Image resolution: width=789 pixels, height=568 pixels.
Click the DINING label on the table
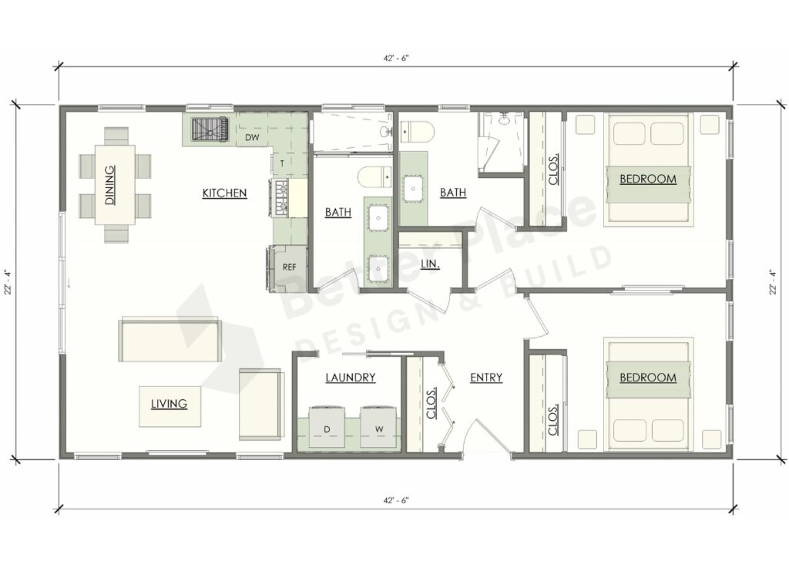point(110,185)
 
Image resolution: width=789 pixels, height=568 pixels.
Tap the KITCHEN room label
point(224,193)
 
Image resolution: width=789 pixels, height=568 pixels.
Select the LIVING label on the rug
point(170,403)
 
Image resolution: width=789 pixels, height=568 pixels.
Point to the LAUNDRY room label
point(350,378)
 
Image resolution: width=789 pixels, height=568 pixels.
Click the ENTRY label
point(486,378)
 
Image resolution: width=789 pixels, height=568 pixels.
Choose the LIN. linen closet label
point(431,264)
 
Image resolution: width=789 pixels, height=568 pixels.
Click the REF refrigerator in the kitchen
point(289,267)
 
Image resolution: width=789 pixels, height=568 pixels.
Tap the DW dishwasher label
point(251,138)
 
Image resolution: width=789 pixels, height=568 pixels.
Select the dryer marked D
point(327,429)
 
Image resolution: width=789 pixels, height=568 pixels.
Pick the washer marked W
point(379,429)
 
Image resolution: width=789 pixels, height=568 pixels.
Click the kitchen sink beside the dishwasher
point(209,129)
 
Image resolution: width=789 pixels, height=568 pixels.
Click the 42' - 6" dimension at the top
point(394,57)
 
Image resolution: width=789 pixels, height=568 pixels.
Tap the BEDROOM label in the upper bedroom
point(648,179)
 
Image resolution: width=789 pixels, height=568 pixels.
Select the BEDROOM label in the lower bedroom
point(648,378)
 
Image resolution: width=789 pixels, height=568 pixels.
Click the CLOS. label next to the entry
point(432,402)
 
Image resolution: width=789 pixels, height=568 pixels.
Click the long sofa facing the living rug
point(170,340)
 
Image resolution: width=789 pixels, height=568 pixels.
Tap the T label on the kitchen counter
point(282,163)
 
